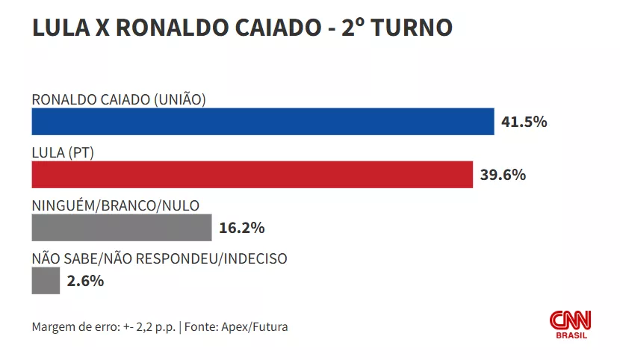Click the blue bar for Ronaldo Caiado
pos(262,122)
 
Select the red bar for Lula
pos(252,175)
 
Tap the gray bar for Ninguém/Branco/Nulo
pos(122,227)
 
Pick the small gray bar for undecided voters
pos(46,281)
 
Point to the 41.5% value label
pos(524,122)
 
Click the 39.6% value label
pos(503,176)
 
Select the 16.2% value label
pos(241,228)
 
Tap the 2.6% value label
pos(85,282)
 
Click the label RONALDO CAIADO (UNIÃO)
pos(119,99)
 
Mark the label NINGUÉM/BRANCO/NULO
pos(116,206)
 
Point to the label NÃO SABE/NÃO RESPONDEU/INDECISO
pos(159,259)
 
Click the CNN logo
pos(571,320)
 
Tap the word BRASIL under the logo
pos(571,335)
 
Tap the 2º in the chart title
pos(353,28)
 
